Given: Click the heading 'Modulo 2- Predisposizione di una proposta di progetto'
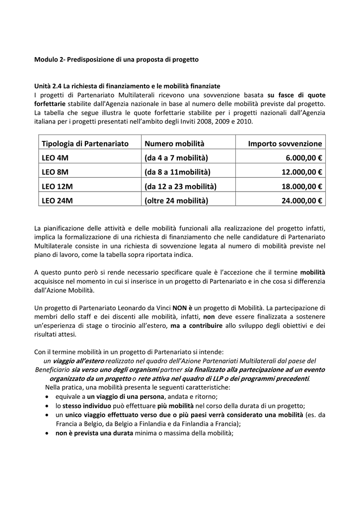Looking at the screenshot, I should (116, 60).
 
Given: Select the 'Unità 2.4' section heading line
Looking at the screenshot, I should (127, 86).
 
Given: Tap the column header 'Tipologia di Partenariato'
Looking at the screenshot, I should (85, 143).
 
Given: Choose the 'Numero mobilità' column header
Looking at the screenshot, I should (174, 143).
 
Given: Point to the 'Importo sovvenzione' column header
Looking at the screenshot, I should (285, 143).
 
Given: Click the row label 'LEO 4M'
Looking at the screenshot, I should (55, 158).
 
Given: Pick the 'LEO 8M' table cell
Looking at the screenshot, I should (55, 172).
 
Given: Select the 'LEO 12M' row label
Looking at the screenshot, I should (57, 187).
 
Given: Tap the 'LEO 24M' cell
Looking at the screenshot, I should (57, 201).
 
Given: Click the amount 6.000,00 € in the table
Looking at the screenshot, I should (304, 158).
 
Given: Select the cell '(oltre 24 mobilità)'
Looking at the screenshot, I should (176, 201).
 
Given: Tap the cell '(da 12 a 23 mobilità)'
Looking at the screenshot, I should (180, 187).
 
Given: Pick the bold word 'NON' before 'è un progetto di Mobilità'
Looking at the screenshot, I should (180, 308).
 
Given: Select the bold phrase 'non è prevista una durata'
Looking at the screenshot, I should (94, 433).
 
